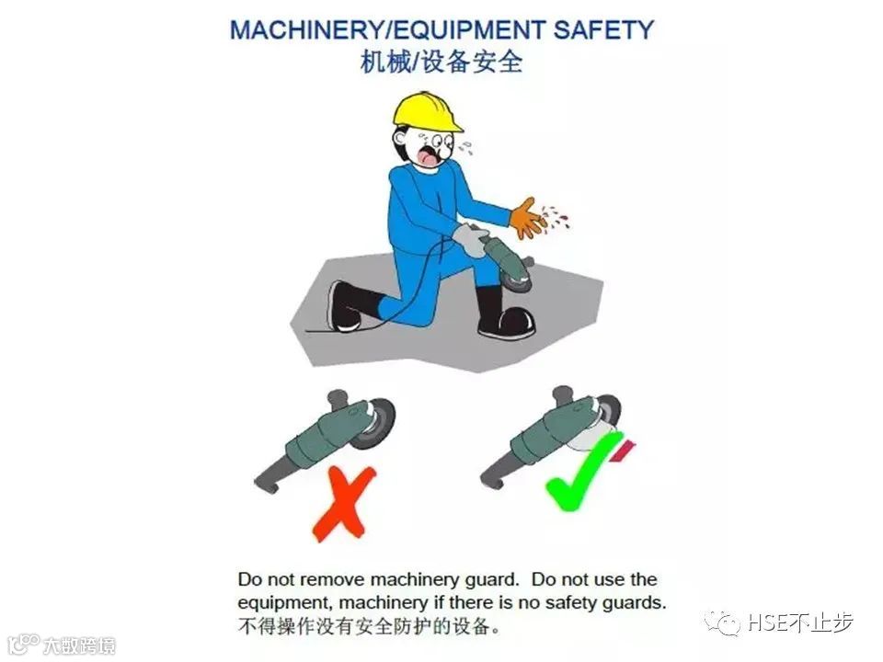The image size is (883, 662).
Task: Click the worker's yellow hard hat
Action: [425, 111]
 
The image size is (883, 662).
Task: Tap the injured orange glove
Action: [527, 218]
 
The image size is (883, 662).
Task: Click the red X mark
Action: [343, 503]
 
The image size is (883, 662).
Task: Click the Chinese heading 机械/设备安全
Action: [441, 62]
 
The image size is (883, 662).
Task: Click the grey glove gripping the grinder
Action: [471, 239]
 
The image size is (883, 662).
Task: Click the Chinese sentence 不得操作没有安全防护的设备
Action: [368, 626]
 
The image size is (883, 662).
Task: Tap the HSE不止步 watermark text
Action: [799, 622]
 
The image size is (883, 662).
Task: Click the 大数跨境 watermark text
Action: [79, 645]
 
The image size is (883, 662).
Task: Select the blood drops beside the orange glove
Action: [556, 217]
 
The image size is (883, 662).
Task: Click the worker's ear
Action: [400, 138]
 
